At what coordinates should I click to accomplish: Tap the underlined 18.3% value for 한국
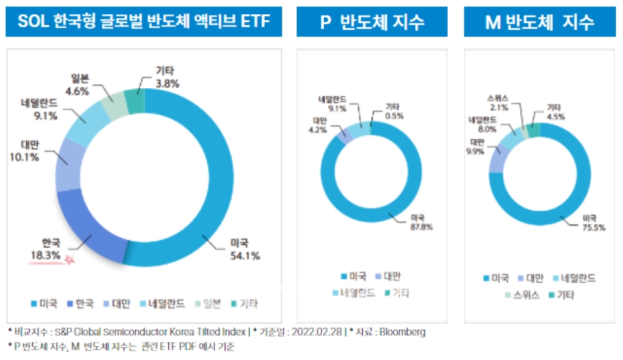45,256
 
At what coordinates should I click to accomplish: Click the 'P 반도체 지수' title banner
373,23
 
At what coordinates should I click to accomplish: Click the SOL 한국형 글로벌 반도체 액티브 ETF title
144,23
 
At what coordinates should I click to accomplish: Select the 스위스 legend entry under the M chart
522,294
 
